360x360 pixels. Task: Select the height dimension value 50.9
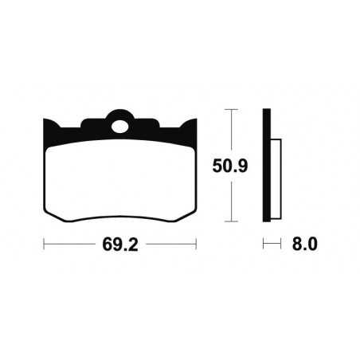230,167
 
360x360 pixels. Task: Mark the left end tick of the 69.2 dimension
43,245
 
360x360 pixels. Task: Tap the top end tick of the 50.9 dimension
230,109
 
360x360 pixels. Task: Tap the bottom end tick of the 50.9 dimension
230,221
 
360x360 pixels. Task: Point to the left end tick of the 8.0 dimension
264,245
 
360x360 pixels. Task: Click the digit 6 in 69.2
106,245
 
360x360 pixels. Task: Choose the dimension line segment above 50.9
230,131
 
